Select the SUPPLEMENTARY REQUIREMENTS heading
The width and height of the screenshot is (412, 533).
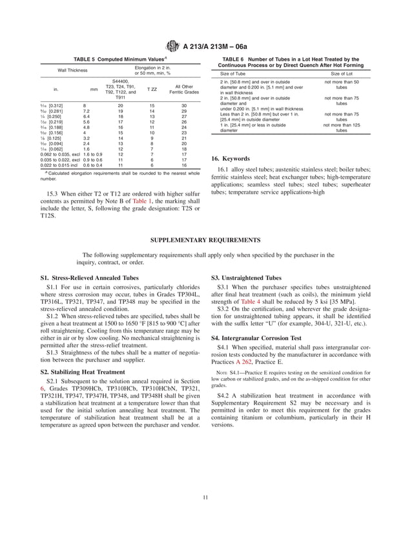pyautogui.click(x=205, y=239)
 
